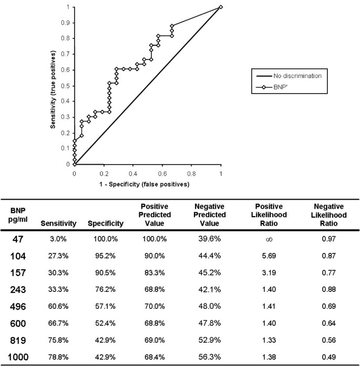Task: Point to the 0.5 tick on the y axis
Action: click(67, 86)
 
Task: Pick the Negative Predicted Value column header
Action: click(212, 215)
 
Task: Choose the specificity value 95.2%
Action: click(106, 257)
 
